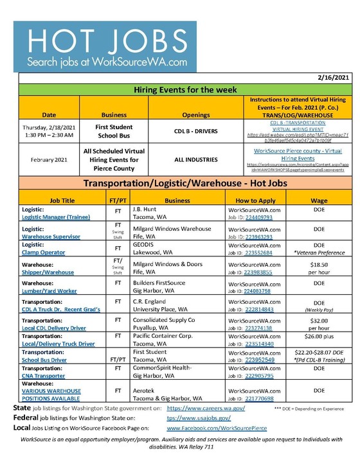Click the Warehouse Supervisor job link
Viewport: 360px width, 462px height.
[51, 236]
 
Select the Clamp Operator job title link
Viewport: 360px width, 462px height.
[43, 253]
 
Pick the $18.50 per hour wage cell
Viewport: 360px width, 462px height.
[319, 269]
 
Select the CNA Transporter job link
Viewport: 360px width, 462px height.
[49, 376]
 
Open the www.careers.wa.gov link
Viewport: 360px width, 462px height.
[206, 408]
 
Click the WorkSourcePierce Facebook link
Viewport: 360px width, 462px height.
[217, 427]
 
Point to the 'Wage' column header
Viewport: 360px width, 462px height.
[319, 200]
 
